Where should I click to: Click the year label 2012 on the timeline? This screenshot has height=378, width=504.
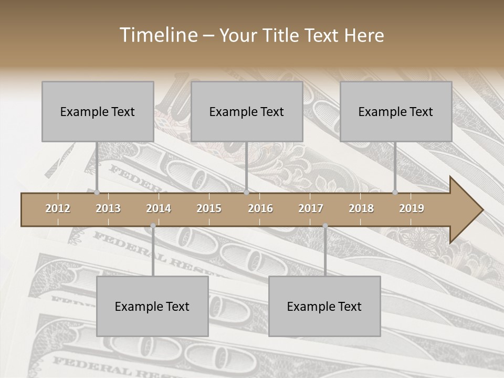coord(58,208)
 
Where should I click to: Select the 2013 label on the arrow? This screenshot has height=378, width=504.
coord(108,208)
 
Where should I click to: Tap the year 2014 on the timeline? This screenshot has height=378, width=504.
coord(159,208)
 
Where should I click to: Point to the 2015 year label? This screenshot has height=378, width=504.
coord(209,208)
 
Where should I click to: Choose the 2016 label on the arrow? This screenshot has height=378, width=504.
coord(260,208)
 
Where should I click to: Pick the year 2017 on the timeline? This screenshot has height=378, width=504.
coord(311,208)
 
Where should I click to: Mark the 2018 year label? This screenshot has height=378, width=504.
coord(361,208)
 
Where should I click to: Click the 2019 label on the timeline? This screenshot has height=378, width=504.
coord(412,208)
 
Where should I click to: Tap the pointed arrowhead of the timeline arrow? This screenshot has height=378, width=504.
coord(470,210)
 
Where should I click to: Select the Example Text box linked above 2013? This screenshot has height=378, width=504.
coord(98,111)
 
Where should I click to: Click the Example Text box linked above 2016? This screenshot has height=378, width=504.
coord(247,111)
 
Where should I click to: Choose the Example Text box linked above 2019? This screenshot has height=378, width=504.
coord(396,111)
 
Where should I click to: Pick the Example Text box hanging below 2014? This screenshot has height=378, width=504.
coord(152,306)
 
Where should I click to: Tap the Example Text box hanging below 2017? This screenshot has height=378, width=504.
coord(324,306)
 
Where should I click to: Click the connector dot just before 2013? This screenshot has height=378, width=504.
coord(97,193)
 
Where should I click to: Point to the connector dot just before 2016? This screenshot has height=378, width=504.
coord(246,193)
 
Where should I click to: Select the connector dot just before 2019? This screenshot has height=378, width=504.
coord(395,193)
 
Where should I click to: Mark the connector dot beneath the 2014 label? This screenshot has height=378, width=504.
coord(153,226)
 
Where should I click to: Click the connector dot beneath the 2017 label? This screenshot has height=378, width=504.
coord(325,226)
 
